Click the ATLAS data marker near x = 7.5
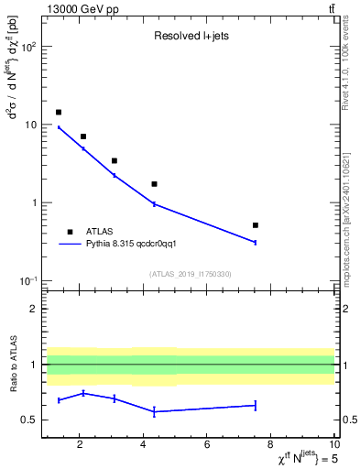256,224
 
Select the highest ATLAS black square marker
59,112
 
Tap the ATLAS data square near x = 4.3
154,184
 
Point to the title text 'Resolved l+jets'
190,37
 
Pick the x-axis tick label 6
207,445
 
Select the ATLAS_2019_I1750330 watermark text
190,274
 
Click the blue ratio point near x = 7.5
256,405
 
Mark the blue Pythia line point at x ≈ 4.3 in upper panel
154,204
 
